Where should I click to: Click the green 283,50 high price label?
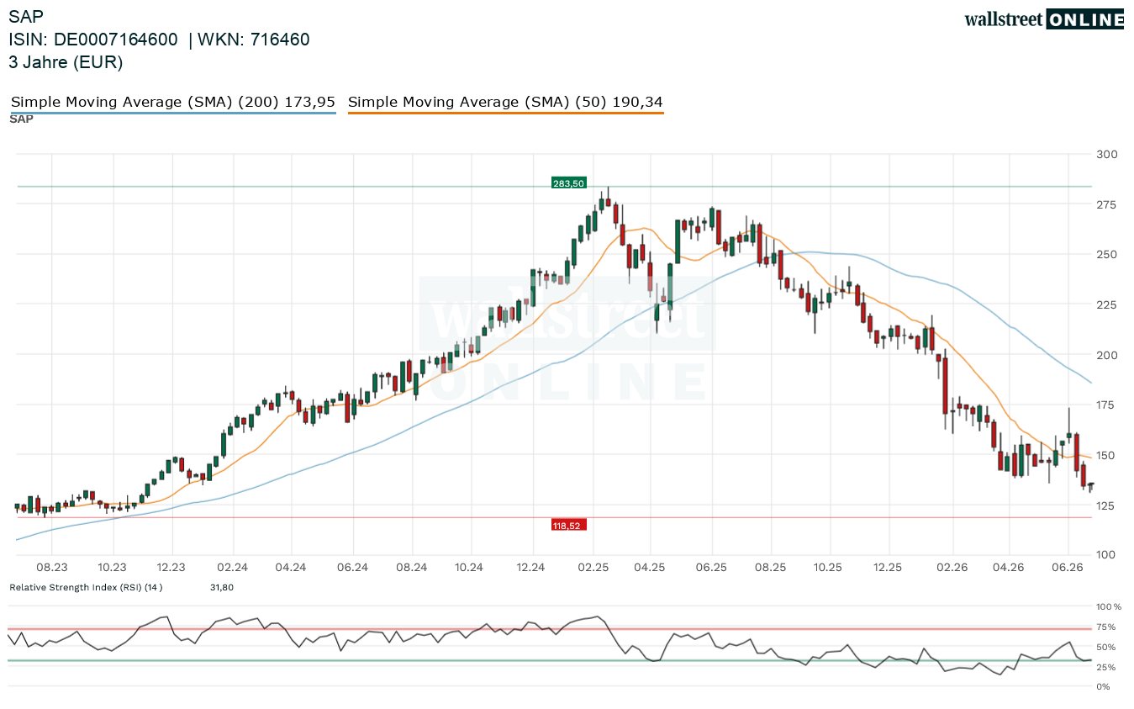point(568,183)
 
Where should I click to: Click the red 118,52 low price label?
point(568,526)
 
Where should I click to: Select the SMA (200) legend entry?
point(172,103)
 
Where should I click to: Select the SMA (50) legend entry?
point(505,103)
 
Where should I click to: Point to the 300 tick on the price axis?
point(1106,155)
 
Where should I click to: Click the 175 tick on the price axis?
point(1106,405)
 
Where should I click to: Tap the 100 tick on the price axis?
point(1106,555)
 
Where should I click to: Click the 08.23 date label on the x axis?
point(51,568)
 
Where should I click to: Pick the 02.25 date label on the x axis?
point(593,568)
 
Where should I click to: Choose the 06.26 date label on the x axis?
point(1068,568)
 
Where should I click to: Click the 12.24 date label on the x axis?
point(531,568)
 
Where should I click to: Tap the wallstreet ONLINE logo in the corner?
point(1043,19)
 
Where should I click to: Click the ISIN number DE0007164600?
point(116,40)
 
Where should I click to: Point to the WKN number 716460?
point(280,40)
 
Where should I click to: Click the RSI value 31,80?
point(222,588)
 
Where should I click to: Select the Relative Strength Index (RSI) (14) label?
point(86,588)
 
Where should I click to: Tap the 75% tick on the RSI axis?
point(1106,627)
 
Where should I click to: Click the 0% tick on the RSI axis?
point(1103,687)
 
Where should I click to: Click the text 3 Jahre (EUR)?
point(66,63)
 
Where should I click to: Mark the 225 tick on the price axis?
point(1106,304)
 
